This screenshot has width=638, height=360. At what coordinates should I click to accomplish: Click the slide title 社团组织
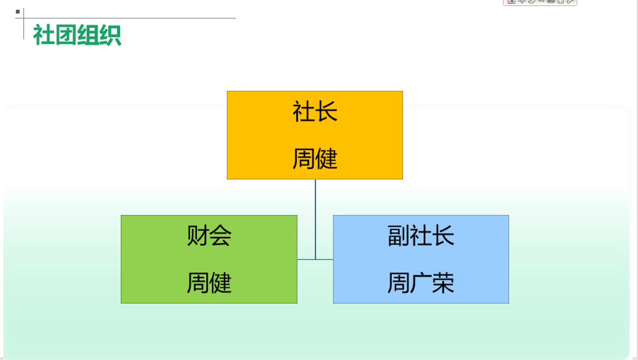tap(77, 35)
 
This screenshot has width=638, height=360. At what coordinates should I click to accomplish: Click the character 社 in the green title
tap(44, 35)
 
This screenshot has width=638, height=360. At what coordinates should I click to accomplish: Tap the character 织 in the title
tap(111, 35)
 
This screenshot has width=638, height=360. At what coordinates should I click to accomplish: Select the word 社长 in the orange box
tap(315, 111)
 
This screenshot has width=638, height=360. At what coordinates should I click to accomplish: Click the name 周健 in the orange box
tap(315, 158)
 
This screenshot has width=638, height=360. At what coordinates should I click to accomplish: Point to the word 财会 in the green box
tap(209, 235)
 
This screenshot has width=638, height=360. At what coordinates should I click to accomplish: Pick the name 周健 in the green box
tap(209, 283)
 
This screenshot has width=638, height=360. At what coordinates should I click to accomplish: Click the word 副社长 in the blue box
tap(421, 235)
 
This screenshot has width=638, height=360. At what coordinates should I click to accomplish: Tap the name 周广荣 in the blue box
tap(421, 283)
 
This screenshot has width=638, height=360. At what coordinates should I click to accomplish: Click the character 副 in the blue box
tap(399, 235)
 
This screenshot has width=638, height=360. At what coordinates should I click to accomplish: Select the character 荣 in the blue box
tap(443, 283)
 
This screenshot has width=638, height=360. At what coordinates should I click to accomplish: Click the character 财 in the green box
tap(198, 235)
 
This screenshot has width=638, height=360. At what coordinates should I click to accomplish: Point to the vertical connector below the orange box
tap(315, 219)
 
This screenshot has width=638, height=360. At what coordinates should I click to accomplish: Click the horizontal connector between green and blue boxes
tap(315, 259)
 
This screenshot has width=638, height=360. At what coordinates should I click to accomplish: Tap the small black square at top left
tap(18, 12)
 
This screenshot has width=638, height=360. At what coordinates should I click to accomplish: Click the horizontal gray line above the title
tap(126, 18)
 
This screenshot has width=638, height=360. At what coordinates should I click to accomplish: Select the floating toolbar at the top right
tap(540, 2)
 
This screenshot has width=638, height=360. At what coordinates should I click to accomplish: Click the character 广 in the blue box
tap(421, 283)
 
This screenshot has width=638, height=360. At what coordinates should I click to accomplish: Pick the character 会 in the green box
tap(220, 235)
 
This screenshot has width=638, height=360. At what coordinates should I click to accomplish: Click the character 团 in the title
tap(66, 35)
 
